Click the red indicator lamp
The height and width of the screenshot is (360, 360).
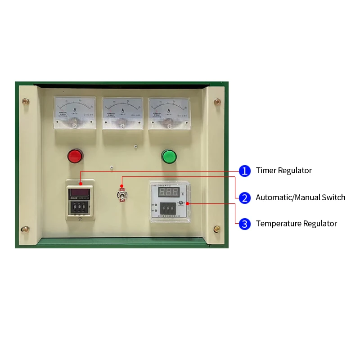click(x=74, y=156)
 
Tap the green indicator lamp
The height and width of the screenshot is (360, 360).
click(x=169, y=156)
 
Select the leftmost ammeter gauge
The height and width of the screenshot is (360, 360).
click(x=74, y=112)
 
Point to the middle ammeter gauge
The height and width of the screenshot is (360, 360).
click(x=121, y=113)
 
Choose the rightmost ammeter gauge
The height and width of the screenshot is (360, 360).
click(x=169, y=113)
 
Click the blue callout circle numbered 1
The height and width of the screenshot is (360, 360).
click(x=244, y=171)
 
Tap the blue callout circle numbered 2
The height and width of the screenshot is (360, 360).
click(x=244, y=198)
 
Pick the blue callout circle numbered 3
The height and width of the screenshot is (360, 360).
click(x=244, y=224)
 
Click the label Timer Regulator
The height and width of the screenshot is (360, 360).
click(x=283, y=171)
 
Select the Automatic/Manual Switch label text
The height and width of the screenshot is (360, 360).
click(x=300, y=198)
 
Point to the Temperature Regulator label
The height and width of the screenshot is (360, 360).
click(x=296, y=224)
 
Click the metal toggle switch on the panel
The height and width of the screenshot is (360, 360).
click(x=121, y=194)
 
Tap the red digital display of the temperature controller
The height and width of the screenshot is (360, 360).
click(x=168, y=192)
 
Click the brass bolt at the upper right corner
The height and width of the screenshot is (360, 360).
click(x=217, y=102)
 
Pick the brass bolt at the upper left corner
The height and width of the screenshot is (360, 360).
click(x=26, y=102)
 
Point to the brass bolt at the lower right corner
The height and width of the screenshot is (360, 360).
click(x=217, y=229)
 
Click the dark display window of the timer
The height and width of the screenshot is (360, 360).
click(x=80, y=193)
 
